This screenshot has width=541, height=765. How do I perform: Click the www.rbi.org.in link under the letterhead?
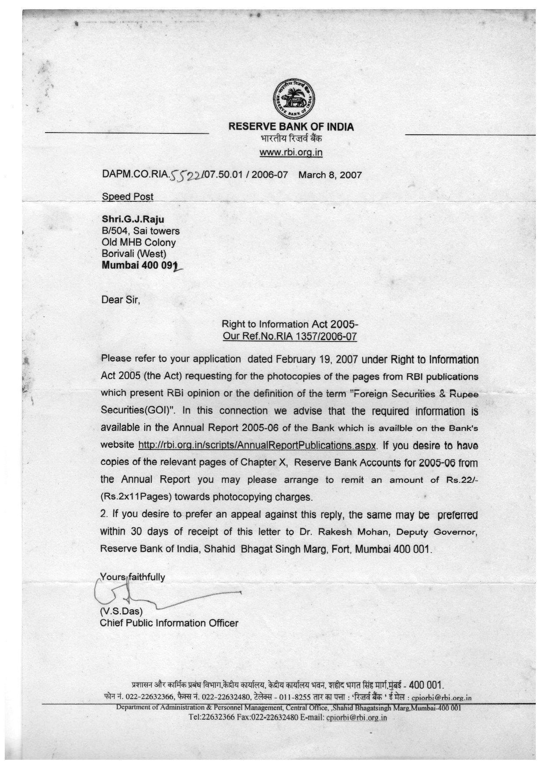tap(291, 152)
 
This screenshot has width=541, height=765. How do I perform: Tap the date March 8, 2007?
tap(330, 175)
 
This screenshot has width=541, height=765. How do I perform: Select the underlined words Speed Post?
tap(127, 197)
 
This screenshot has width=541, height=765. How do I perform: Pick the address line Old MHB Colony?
tap(139, 242)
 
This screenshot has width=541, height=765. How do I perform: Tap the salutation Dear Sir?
tap(121, 300)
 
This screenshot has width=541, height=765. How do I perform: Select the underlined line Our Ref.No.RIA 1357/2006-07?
tap(289, 336)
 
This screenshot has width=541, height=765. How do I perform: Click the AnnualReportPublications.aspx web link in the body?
tap(257, 445)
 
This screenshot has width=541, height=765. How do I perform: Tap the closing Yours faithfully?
tap(133, 577)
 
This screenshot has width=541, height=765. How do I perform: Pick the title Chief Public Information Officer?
tap(169, 623)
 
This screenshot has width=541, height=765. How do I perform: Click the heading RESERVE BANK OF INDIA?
tap(291, 127)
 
